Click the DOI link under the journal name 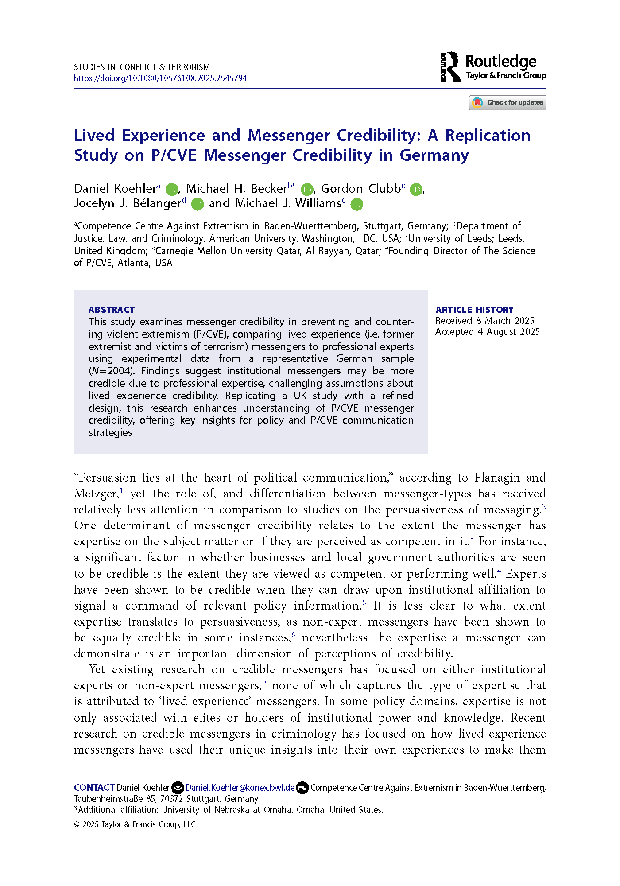point(160,78)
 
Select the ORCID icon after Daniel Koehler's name point(171,190)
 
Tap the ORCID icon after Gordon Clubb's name point(416,190)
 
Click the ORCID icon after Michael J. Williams point(356,204)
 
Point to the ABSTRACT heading point(111,310)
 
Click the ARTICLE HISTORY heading point(474,310)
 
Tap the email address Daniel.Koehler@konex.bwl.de point(240,788)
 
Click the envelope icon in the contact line point(178,788)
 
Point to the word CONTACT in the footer point(94,788)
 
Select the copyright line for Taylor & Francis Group point(135,824)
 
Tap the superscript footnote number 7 point(264,683)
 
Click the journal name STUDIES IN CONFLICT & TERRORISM point(142,67)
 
